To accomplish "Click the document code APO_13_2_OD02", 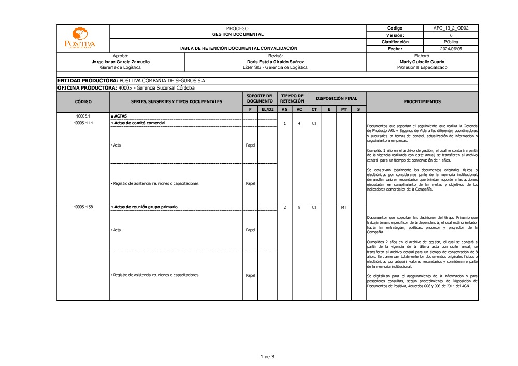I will (x=451, y=28).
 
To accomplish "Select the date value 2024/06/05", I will (x=451, y=49).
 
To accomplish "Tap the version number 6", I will (x=451, y=35).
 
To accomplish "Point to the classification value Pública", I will (x=451, y=42).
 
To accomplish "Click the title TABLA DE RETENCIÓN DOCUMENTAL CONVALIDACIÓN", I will (x=238, y=48).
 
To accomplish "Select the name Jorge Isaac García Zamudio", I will (x=120, y=62).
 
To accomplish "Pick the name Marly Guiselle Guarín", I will (x=422, y=62).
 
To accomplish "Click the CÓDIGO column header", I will (x=83, y=102).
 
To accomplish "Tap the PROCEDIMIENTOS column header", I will (x=422, y=102).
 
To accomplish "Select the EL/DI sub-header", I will (x=267, y=109).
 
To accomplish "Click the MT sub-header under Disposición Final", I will (x=343, y=109).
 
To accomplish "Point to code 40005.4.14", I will (x=83, y=123).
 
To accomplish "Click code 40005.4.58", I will (x=83, y=207).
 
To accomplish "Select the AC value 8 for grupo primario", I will (x=299, y=207).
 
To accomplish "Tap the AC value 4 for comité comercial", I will (x=299, y=123).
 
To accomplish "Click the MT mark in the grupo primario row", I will (x=343, y=207).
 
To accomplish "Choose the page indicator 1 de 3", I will (x=267, y=356).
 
